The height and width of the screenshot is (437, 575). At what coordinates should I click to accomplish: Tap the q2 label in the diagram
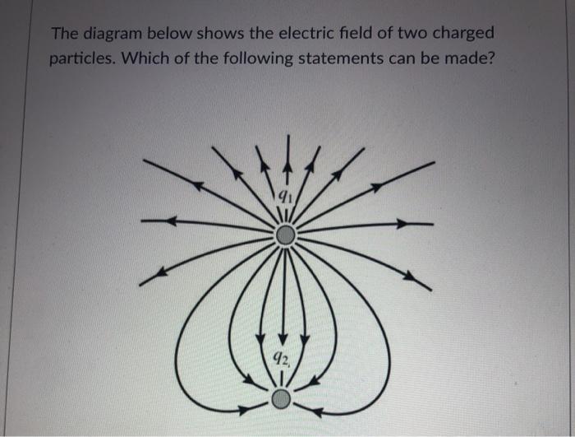281,359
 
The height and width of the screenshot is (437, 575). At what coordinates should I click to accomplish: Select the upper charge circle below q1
284,237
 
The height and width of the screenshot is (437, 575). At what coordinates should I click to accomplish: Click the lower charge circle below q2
281,399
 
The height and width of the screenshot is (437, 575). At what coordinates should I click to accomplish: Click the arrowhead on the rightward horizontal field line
402,223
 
